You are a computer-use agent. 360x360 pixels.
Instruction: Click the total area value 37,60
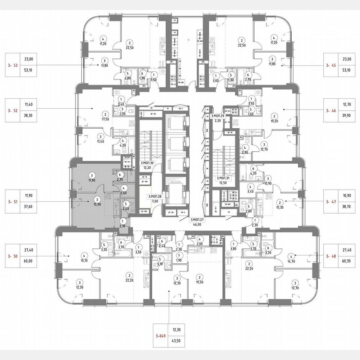28,210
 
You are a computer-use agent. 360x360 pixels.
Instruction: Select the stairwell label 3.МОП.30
147,162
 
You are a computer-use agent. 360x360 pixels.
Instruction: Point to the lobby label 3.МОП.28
154,195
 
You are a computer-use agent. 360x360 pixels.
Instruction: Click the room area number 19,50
200,282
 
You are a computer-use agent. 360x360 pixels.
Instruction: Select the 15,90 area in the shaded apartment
96,204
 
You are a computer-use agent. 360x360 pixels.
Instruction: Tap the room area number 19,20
274,121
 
